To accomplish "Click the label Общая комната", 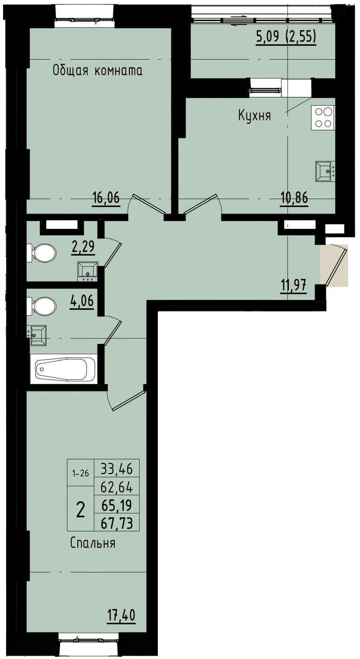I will pyautogui.click(x=97, y=70).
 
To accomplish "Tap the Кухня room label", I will pyautogui.click(x=254, y=116).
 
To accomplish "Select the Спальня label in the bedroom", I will pyautogui.click(x=93, y=543).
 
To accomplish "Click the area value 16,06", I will pyautogui.click(x=106, y=199).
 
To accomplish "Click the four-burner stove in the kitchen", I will pyautogui.click(x=323, y=117).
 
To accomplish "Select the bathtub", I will pyautogui.click(x=66, y=369).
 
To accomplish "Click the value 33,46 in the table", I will pyautogui.click(x=117, y=469).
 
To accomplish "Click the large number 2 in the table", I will pyautogui.click(x=80, y=509).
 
